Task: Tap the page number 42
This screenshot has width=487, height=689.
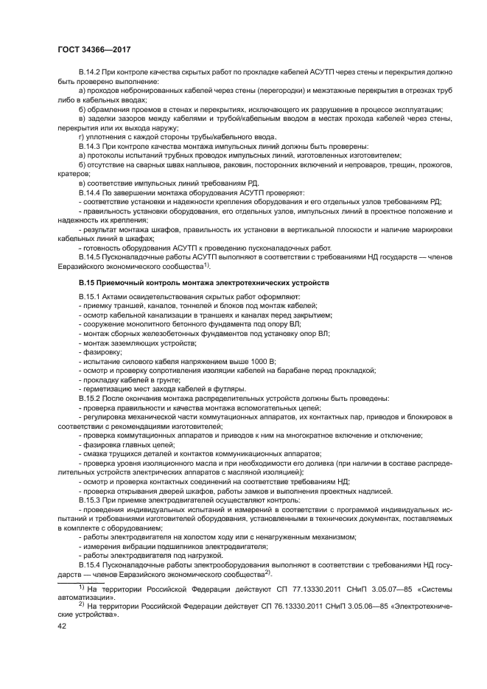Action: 63,625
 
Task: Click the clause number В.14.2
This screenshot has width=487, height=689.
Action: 90,71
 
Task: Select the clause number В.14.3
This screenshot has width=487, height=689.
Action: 90,147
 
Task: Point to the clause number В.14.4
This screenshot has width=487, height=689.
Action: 90,192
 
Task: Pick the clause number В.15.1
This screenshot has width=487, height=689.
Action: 90,297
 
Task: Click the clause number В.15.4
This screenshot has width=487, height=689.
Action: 90,564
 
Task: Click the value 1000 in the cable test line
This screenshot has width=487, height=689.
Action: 253,362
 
